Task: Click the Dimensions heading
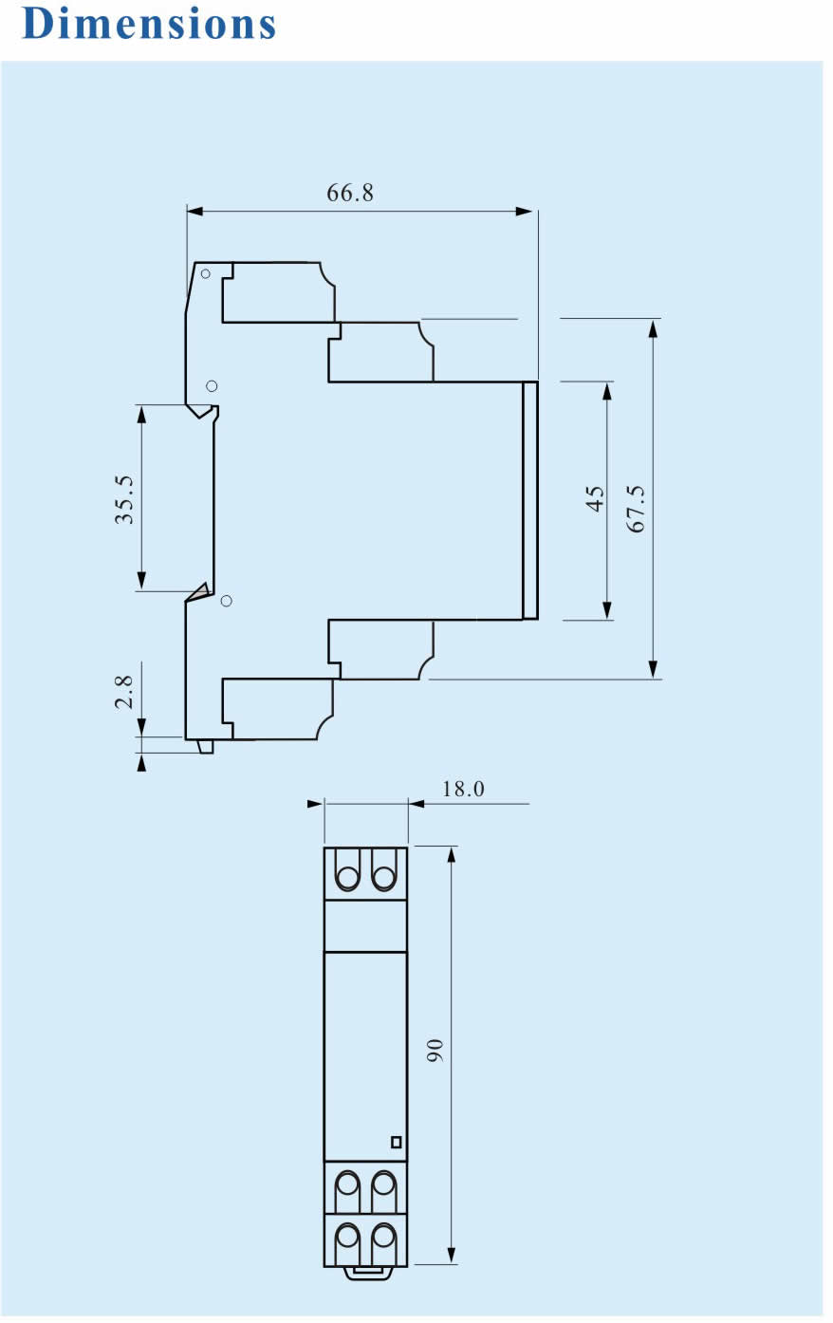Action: (149, 25)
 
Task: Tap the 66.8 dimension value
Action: (350, 193)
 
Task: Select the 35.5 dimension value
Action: (124, 499)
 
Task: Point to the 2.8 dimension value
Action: (124, 692)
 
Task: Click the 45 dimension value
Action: (595, 498)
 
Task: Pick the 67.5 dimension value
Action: (636, 509)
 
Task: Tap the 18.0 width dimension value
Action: (463, 789)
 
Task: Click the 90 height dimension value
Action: (435, 1051)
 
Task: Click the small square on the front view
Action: (397, 1143)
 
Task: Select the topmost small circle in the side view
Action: (206, 273)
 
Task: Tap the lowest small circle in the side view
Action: (226, 601)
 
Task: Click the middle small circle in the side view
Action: (212, 385)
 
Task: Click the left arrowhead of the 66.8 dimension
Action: (194, 211)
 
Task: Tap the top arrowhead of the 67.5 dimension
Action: (653, 328)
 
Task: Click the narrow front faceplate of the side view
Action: (530, 500)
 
